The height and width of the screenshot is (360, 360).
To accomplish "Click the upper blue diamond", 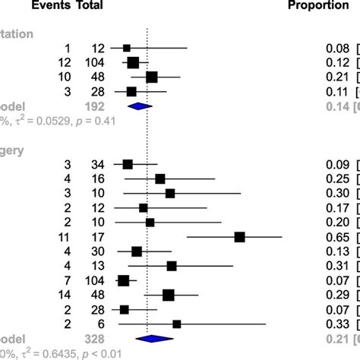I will [140, 106].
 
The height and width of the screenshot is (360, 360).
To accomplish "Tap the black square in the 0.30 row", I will [170, 193].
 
